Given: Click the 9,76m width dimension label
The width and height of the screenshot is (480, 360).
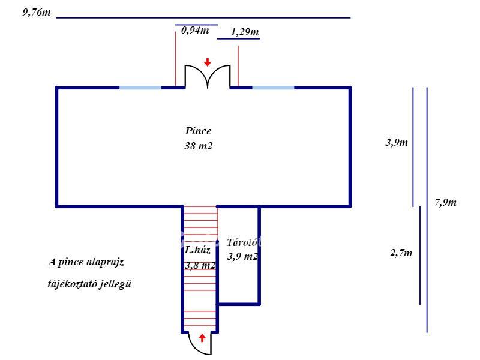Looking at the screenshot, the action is [37, 13].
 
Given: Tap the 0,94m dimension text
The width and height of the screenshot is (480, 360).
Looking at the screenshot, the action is [195, 31].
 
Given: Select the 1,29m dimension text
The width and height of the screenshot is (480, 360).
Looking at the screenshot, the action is [245, 32].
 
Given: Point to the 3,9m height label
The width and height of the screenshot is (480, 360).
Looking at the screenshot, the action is [397, 142].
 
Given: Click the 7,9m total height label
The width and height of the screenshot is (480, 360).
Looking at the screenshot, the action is [445, 202].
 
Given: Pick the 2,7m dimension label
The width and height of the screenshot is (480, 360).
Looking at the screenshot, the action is [401, 253].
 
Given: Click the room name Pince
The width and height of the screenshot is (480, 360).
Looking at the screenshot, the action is [198, 131].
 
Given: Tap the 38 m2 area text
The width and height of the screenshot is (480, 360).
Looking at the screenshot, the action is [198, 146].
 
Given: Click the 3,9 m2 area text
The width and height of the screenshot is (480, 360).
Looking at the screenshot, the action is [242, 256].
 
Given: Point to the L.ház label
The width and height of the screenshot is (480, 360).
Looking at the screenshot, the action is [197, 250].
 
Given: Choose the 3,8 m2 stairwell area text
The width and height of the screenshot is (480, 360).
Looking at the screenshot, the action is [200, 265].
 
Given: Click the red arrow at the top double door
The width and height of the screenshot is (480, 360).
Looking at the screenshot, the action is [208, 62].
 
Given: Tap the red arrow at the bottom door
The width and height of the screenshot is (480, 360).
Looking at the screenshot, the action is [202, 338].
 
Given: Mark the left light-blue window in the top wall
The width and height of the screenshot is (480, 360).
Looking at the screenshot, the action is [140, 88].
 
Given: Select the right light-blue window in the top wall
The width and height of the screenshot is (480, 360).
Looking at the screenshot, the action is [273, 88].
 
